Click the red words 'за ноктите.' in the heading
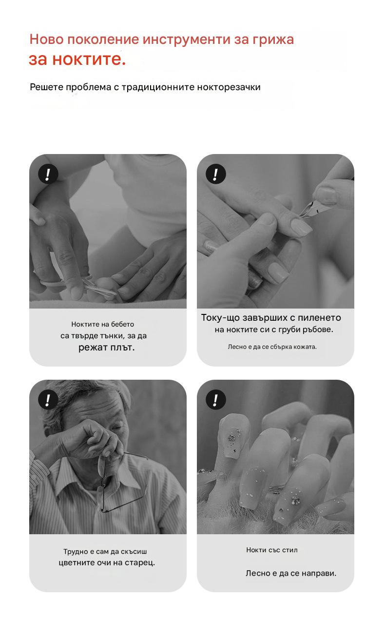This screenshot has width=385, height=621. click(77, 59)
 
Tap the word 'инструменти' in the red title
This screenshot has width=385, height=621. click(187, 39)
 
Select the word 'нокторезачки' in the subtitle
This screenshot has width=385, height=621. click(229, 87)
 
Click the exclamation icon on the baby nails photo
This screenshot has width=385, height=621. click(48, 174)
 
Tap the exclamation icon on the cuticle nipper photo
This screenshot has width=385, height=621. click(215, 174)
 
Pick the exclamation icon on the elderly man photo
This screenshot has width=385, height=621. click(48, 400)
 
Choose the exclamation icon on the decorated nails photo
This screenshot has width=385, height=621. click(215, 400)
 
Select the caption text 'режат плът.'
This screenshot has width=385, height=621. click(106, 348)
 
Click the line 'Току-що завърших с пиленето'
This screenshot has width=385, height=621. click(271, 318)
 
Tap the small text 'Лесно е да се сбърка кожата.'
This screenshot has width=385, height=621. click(272, 347)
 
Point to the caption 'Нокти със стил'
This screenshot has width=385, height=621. click(272, 550)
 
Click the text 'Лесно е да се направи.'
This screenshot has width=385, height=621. click(291, 573)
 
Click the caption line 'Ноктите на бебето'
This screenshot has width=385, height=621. click(102, 324)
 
